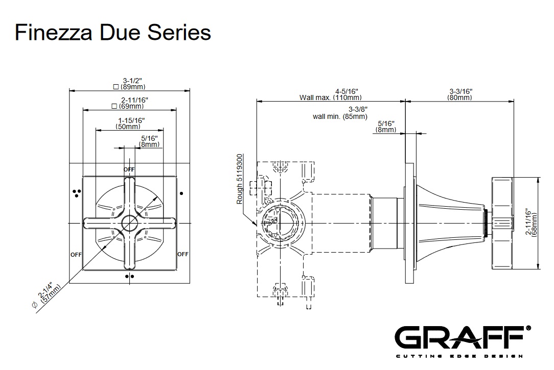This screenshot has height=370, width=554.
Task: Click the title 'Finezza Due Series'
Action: (x=113, y=33)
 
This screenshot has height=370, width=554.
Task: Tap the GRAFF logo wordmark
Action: (x=459, y=337)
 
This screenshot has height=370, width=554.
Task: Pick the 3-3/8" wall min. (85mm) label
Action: (x=341, y=113)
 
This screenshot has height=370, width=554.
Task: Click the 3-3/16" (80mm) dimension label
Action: (x=460, y=94)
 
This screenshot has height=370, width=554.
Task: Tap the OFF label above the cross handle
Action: (x=129, y=169)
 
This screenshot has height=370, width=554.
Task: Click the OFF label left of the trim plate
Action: (x=76, y=254)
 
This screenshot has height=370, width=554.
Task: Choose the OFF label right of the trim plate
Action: (x=183, y=254)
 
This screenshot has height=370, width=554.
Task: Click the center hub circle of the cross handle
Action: (x=129, y=223)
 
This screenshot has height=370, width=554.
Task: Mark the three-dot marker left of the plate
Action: (x=77, y=192)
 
